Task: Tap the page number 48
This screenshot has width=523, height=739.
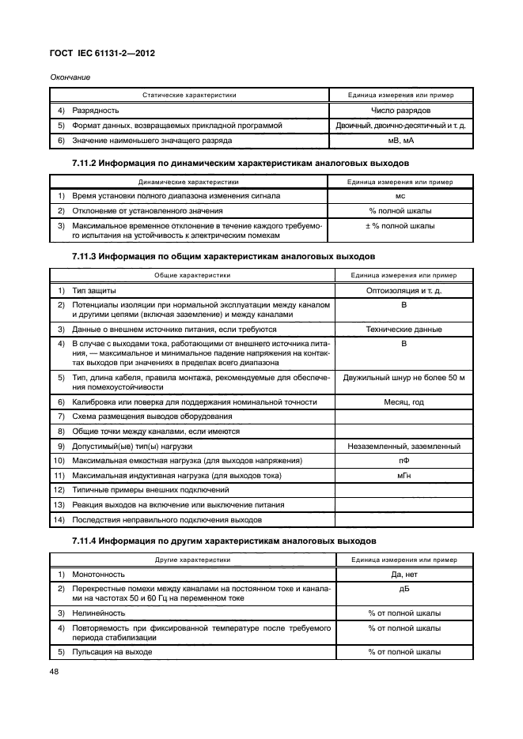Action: pyautogui.click(x=55, y=673)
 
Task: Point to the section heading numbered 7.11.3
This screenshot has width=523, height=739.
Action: pyautogui.click(x=218, y=257)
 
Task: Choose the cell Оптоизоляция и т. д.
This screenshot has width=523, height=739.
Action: pyautogui.click(x=404, y=291)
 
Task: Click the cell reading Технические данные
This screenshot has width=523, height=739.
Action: pyautogui.click(x=404, y=329)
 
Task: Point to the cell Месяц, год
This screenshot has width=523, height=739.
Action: pyautogui.click(x=404, y=402)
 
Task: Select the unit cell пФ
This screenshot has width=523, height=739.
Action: pyautogui.click(x=404, y=461)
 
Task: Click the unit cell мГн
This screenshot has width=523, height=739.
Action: pyautogui.click(x=404, y=476)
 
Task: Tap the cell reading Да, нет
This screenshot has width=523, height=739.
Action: pyautogui.click(x=404, y=574)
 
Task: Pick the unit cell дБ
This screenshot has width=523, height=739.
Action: pyautogui.click(x=404, y=589)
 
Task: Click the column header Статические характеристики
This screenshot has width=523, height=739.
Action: pyautogui.click(x=189, y=95)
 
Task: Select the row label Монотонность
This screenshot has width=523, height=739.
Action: pyautogui.click(x=99, y=574)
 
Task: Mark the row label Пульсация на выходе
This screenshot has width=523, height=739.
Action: pyautogui.click(x=112, y=652)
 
